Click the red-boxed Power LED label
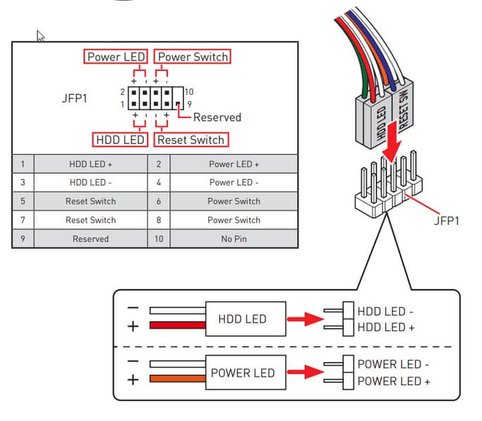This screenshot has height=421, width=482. [116, 56]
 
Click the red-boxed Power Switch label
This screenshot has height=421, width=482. [193, 56]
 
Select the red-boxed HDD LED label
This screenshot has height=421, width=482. [119, 140]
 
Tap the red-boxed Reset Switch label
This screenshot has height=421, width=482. [190, 140]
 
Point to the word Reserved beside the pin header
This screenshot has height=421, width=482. [217, 117]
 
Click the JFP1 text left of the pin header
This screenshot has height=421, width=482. [74, 98]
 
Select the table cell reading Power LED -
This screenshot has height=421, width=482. [233, 183]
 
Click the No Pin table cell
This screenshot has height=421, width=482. [233, 239]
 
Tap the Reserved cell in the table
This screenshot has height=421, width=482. [91, 239]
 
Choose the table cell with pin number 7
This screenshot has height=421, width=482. [22, 220]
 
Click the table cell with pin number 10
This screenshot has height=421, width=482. [159, 239]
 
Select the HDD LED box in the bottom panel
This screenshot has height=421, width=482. [242, 319]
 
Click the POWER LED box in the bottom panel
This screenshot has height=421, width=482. [242, 373]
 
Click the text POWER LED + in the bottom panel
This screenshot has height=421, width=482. [393, 381]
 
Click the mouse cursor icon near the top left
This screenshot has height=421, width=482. [41, 36]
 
